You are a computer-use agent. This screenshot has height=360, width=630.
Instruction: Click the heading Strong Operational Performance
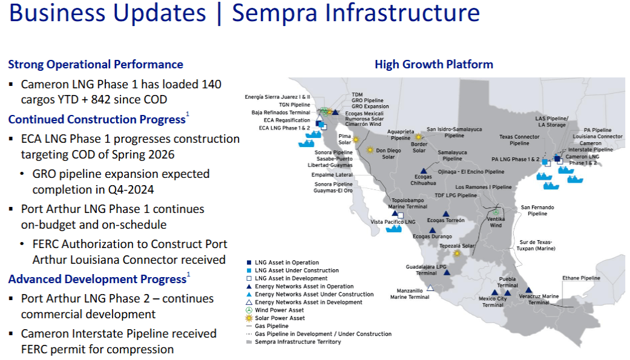point(96,64)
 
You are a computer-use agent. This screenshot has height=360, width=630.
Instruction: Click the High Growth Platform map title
point(433,64)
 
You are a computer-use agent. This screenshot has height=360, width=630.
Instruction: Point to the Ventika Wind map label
point(496,221)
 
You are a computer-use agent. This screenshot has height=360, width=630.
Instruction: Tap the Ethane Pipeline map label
point(581,278)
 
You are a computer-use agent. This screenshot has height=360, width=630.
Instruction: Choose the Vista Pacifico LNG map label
point(393,223)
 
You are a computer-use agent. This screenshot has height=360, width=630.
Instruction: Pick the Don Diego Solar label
point(389,153)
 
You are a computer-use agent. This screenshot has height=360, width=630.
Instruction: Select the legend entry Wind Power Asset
point(279,310)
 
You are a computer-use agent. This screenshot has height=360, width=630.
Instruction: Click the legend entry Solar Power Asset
point(280,318)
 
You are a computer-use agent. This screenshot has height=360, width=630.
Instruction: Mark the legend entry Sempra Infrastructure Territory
point(298,342)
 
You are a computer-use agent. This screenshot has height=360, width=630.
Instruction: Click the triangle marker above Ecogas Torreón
point(446,214)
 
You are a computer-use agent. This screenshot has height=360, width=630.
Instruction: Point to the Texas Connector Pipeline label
point(519,140)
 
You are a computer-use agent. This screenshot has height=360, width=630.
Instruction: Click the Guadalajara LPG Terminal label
point(426,269)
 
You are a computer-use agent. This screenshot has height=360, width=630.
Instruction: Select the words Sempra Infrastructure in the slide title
point(356,13)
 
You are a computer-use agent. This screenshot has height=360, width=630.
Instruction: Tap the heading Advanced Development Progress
point(97,280)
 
